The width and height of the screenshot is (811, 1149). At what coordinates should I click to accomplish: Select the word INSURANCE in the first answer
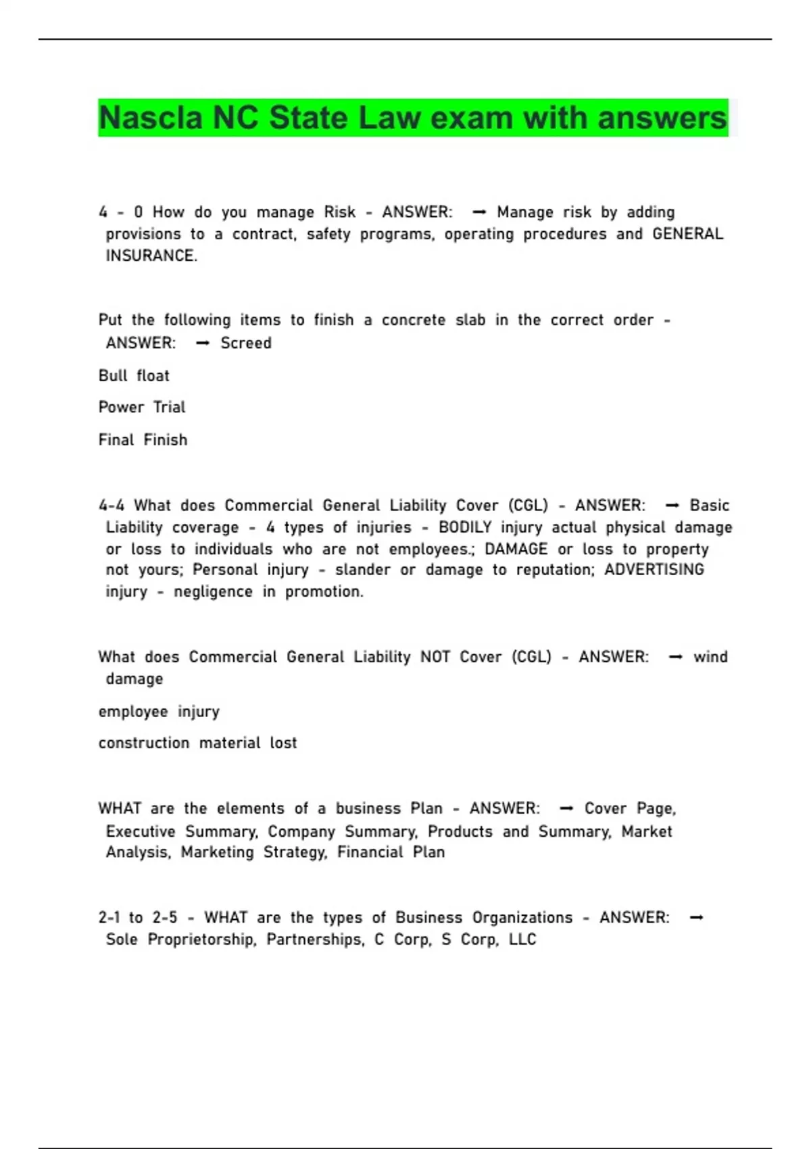point(151,256)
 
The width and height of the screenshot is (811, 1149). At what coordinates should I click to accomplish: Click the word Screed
point(246,343)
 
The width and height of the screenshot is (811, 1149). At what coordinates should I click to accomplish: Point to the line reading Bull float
point(134,376)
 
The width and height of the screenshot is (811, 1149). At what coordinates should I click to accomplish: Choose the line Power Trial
point(142,408)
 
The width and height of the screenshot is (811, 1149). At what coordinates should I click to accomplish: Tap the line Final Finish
point(143,440)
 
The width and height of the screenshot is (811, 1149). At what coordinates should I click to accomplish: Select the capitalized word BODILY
point(465,527)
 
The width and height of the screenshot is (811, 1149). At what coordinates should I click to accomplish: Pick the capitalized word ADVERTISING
point(654,570)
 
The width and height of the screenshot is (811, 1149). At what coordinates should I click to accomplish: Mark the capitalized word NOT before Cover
point(435,657)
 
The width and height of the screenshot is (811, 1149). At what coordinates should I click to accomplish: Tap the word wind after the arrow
point(710,657)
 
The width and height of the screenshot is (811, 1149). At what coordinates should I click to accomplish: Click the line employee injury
point(159,712)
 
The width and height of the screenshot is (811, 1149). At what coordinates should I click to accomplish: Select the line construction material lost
point(197,743)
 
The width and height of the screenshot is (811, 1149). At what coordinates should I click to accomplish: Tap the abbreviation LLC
point(522,939)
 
